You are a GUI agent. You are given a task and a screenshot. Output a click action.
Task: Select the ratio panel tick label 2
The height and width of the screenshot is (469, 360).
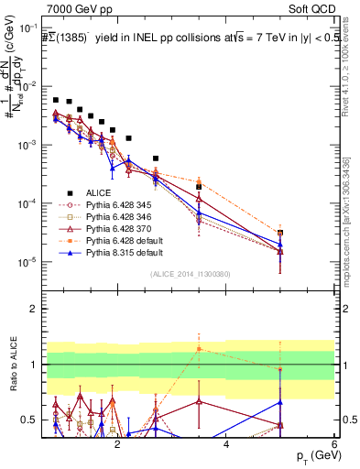point(36,308)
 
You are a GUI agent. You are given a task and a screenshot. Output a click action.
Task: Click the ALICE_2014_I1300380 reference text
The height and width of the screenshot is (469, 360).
point(190,273)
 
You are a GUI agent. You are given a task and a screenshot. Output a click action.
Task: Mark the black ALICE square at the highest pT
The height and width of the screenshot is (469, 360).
point(280,233)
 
